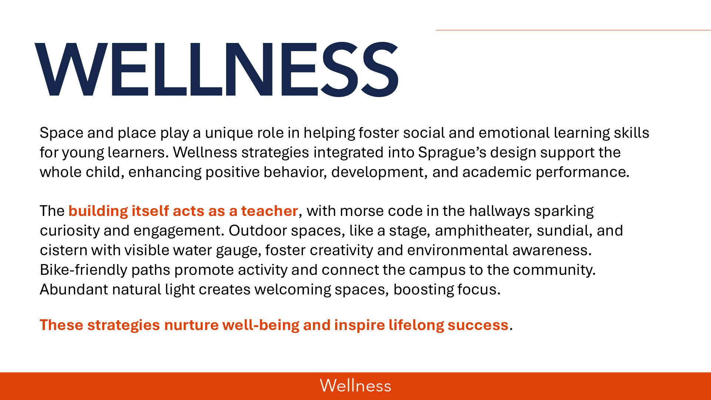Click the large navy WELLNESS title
coord(217,69)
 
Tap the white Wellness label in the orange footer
coord(355,386)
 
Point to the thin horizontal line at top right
coord(573,30)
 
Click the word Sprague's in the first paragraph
coord(452,153)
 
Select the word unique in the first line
coord(225,133)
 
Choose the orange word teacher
coord(270,211)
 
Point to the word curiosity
coord(70,231)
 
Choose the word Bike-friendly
coord(83,270)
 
